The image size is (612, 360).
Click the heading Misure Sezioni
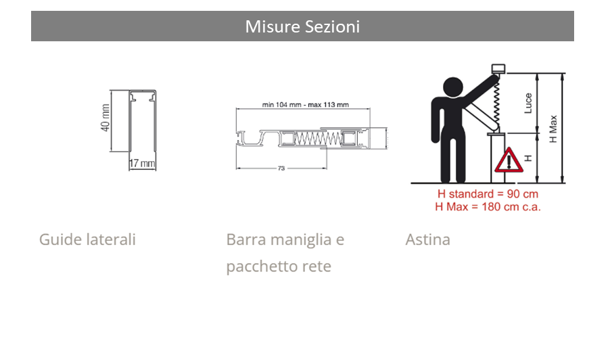pos(302,26)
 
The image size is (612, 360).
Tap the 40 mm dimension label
pos(105,118)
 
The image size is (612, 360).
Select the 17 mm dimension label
pos(142,163)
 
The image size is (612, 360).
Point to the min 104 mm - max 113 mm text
pos(305,105)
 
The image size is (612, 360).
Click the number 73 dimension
pos(281,168)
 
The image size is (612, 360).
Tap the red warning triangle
pos(509,160)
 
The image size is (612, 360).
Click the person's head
pos(453,87)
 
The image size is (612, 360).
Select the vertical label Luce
pos(528,104)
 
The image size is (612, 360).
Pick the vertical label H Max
pos(553,129)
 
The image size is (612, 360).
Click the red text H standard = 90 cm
pos(488,194)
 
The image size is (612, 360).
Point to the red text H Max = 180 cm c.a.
pos(488,206)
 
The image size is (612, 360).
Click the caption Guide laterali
pos(87,240)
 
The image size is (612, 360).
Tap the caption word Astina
pos(428,240)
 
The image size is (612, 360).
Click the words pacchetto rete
pos(279,267)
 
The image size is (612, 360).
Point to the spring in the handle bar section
pos(318,139)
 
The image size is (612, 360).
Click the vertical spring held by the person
pos(496,103)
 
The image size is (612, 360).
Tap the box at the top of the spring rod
pos(498,69)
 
